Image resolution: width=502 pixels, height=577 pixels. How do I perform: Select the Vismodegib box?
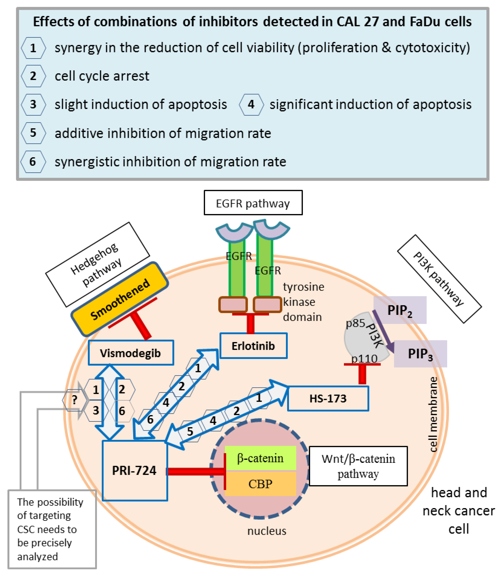point(130,353)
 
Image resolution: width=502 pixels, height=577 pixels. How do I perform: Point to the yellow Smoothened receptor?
point(120,299)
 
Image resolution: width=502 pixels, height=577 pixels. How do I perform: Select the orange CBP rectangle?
point(260,484)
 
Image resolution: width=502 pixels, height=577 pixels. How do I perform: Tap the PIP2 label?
point(400,310)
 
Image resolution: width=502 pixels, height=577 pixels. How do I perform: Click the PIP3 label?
point(420,354)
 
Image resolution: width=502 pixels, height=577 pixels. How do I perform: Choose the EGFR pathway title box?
point(253,203)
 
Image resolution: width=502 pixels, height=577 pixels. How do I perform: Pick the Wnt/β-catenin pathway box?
point(358,466)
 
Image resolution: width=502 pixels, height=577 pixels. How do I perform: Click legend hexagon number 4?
point(251,105)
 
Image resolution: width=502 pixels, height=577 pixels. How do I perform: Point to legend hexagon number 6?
point(33,162)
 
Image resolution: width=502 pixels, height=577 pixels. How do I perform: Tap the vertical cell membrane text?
point(433,414)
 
